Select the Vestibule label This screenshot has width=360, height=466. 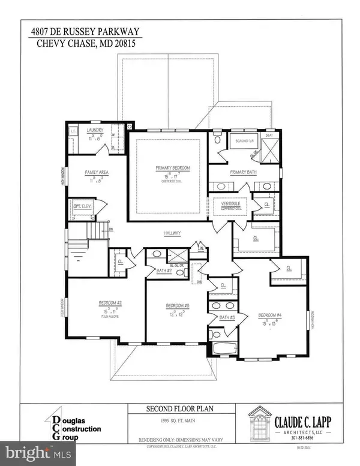tap(229, 203)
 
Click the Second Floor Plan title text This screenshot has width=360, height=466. tap(180, 409)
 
